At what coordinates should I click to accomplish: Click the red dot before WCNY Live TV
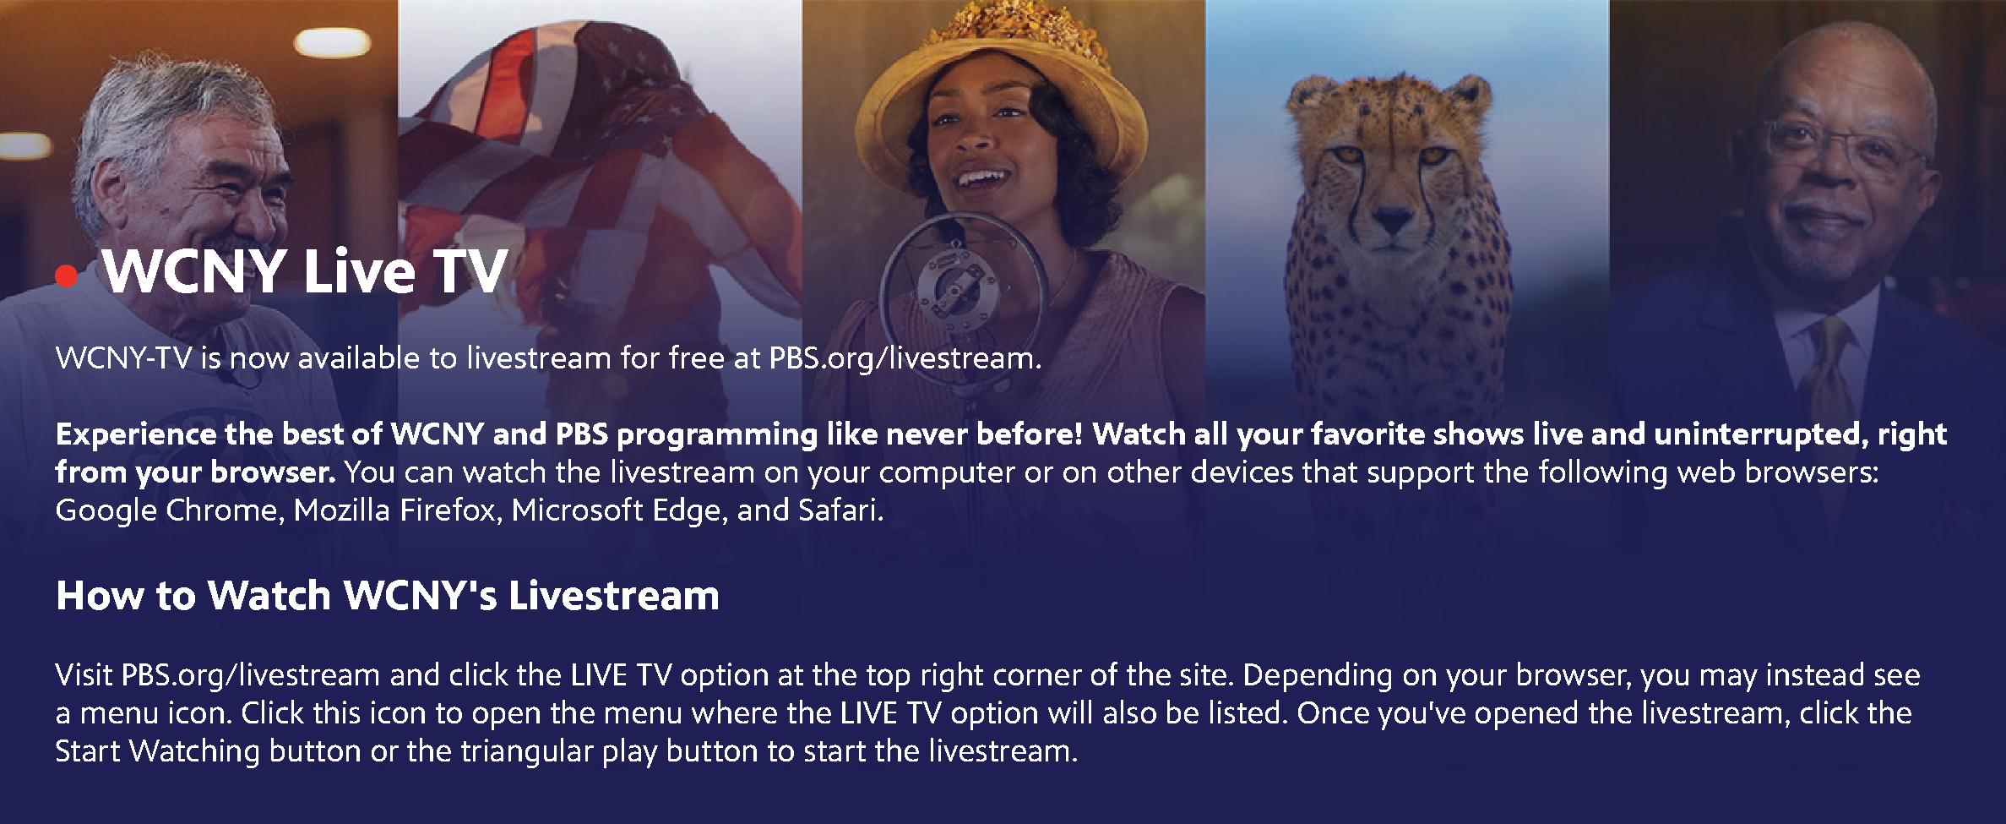pyautogui.click(x=66, y=276)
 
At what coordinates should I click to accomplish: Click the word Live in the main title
pyautogui.click(x=359, y=271)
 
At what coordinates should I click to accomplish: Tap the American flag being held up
pyautogui.click(x=591, y=161)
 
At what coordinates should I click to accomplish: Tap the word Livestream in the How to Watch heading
pyautogui.click(x=614, y=596)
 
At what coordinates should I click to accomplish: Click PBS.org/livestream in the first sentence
pyautogui.click(x=901, y=358)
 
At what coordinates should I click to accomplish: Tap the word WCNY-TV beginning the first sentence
pyautogui.click(x=123, y=358)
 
